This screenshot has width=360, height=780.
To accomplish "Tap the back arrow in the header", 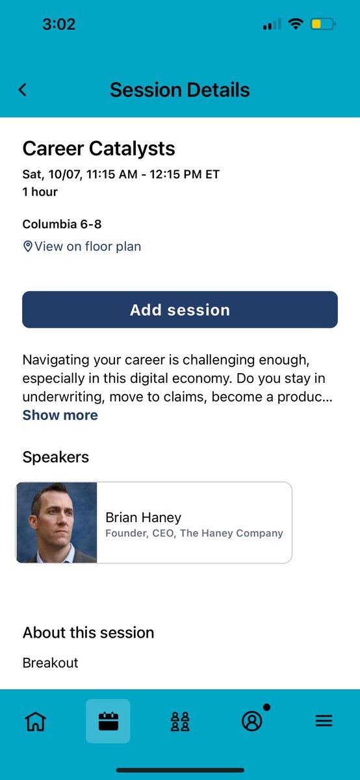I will [x=23, y=90].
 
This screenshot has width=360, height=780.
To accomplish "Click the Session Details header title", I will [x=180, y=90].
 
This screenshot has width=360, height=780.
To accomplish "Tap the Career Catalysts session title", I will [x=99, y=148].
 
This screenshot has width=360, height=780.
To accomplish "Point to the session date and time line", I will [x=121, y=174].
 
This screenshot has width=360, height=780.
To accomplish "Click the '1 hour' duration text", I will [x=40, y=192].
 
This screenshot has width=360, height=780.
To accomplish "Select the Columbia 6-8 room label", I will [x=62, y=224].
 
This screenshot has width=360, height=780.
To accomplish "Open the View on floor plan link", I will [x=87, y=246].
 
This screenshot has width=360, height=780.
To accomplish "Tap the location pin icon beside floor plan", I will [x=27, y=246].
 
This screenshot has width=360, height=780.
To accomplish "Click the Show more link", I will [x=60, y=415].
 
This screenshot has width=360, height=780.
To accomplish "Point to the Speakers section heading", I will [x=56, y=457].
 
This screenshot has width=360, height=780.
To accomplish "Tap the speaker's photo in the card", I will [x=57, y=523].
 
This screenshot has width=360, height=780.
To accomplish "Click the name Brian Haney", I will [x=143, y=517].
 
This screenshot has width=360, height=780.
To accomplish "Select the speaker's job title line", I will [x=194, y=533].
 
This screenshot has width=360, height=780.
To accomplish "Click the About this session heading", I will [x=88, y=632].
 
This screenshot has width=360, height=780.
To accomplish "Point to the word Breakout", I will [x=50, y=663].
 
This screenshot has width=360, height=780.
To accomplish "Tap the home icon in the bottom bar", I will [x=35, y=721].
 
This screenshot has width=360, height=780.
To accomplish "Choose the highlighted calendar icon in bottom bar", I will [x=108, y=721].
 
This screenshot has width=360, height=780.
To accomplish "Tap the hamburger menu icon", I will [x=324, y=721].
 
